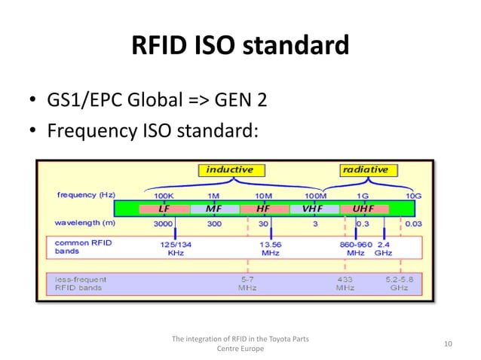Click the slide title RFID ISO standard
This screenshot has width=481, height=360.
click(240, 47)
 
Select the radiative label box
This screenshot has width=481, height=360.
click(365, 169)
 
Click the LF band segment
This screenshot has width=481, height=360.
click(164, 209)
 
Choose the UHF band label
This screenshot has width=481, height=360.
click(363, 209)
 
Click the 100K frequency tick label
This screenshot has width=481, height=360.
click(164, 194)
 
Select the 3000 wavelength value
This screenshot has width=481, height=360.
click(164, 224)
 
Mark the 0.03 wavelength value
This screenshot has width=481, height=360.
click(413, 224)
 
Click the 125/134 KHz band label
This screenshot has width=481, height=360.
click(175, 249)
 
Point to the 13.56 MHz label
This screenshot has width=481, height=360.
click(270, 249)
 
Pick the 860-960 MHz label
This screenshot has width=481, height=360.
click(356, 249)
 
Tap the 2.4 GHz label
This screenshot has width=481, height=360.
click(384, 249)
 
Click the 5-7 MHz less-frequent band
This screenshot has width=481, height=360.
click(247, 283)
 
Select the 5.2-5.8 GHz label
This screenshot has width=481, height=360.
click(400, 283)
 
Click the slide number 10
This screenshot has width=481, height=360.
click(448, 344)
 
